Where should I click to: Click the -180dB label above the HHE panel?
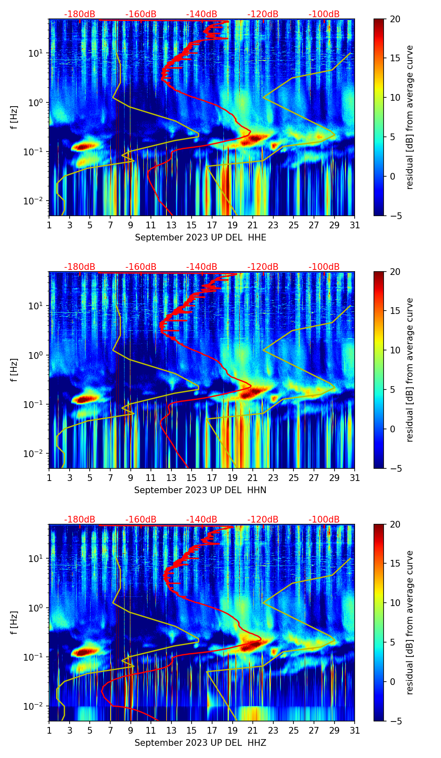click(80, 14)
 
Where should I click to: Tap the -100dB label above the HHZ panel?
click(324, 520)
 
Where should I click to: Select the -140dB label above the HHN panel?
click(202, 267)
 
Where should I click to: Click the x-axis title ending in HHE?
click(200, 238)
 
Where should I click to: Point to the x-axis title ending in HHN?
click(200, 490)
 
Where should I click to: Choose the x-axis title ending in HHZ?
click(200, 743)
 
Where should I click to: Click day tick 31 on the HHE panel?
click(355, 225)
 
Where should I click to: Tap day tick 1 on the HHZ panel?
click(49, 730)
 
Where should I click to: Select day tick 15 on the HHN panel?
click(192, 478)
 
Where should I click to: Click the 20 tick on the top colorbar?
click(395, 19)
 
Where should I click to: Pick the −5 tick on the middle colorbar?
click(394, 468)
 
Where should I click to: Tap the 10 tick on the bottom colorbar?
click(395, 603)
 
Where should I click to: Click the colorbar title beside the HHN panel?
click(410, 370)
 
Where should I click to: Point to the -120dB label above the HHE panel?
click(263, 14)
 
